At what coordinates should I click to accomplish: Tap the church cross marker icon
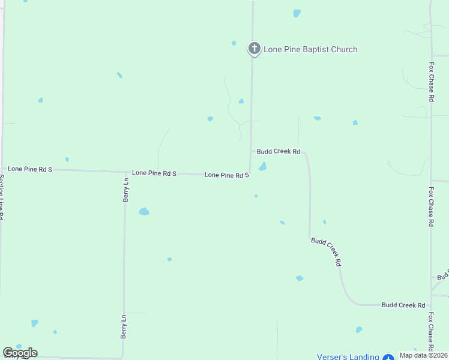click(x=255, y=49)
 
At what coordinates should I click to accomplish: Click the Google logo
click(x=20, y=353)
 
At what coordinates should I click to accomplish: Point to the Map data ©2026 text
click(x=423, y=355)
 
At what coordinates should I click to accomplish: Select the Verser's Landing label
click(x=348, y=356)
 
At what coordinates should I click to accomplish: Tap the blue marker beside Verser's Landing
click(x=388, y=356)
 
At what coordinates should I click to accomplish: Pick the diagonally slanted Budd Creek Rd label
click(x=327, y=251)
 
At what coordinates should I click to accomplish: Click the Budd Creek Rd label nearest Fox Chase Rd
click(x=403, y=305)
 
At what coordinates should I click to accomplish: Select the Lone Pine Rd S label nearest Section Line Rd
click(x=29, y=169)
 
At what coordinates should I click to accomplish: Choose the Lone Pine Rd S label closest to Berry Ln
click(x=154, y=173)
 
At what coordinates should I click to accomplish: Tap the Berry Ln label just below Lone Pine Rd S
click(x=126, y=190)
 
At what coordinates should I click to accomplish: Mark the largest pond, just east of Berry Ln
click(x=143, y=211)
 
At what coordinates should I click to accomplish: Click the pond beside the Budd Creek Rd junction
click(x=262, y=167)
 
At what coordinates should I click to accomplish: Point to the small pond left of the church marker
click(x=234, y=43)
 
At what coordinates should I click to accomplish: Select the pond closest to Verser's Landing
click(x=359, y=329)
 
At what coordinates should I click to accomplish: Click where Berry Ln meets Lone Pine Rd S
click(x=125, y=172)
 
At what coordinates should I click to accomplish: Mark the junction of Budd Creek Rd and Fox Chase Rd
click(x=431, y=305)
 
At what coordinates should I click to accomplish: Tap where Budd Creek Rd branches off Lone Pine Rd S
click(x=251, y=152)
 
